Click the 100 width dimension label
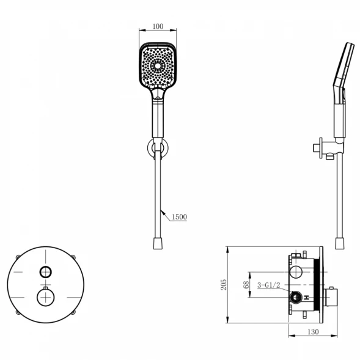pos(158,26)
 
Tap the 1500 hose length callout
pos(179,217)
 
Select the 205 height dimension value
pos(224,285)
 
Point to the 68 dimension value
pos(246,285)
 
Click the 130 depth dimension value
pos(313,332)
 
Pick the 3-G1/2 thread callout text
pos(269,285)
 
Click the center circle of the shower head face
pos(158,66)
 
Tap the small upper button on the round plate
pos(45,272)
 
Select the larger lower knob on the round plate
pos(45,298)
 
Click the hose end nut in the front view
pos(158,243)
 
